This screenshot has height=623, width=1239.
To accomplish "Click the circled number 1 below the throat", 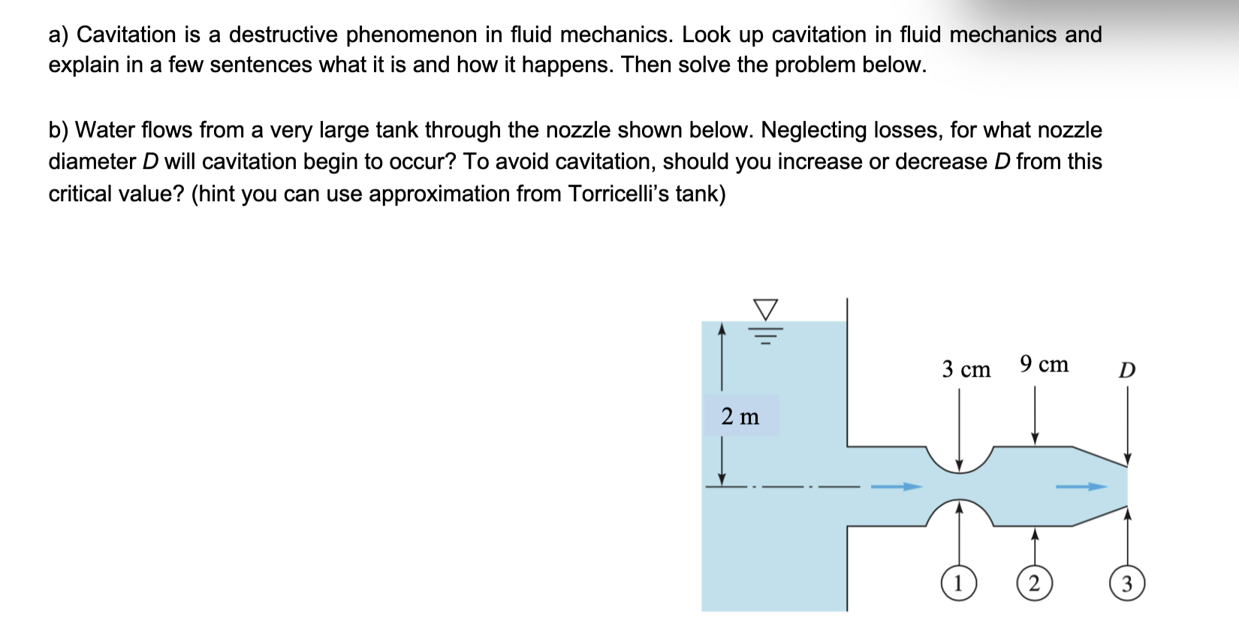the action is click(x=958, y=583).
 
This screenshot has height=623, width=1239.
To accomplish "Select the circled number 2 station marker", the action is click(x=1034, y=583).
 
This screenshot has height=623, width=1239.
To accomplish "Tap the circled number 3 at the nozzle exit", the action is click(x=1126, y=583).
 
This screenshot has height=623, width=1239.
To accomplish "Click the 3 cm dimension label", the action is click(x=966, y=369).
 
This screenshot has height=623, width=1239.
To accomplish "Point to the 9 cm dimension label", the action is click(x=1044, y=364).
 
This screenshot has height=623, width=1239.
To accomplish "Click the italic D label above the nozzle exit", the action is click(x=1127, y=370).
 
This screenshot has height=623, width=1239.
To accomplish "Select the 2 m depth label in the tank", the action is click(x=740, y=416).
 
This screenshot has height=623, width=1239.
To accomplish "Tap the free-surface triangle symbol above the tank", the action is click(x=765, y=308).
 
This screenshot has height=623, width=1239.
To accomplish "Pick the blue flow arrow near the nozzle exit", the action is click(x=1081, y=486).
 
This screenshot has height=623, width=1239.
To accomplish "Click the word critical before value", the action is click(x=79, y=194).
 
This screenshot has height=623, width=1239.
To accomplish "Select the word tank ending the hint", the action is click(x=700, y=194).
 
